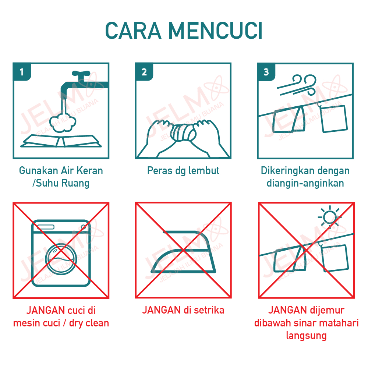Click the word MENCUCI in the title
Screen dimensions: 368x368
[x=215, y=31]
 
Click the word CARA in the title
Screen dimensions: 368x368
[x=133, y=31]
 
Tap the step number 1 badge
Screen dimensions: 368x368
[x=22, y=72]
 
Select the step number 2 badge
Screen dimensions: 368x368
[x=144, y=72]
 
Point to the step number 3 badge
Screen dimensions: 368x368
[x=266, y=72]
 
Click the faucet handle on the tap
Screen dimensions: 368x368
[x=81, y=74]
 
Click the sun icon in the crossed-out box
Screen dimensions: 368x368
[x=329, y=217]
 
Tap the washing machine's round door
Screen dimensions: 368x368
[x=61, y=259]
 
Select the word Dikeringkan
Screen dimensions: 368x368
[x=282, y=171]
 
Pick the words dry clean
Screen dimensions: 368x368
[x=89, y=323]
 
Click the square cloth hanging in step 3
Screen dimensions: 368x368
[x=333, y=119]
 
